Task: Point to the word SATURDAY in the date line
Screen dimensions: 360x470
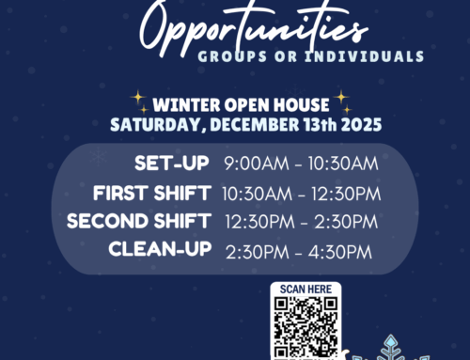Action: (x=149, y=122)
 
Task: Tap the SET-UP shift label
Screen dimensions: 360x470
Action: (x=172, y=164)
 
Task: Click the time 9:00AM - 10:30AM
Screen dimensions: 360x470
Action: (x=301, y=164)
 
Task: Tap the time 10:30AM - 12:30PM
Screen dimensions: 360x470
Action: (x=300, y=194)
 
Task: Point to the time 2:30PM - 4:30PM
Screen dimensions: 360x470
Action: (x=299, y=251)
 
